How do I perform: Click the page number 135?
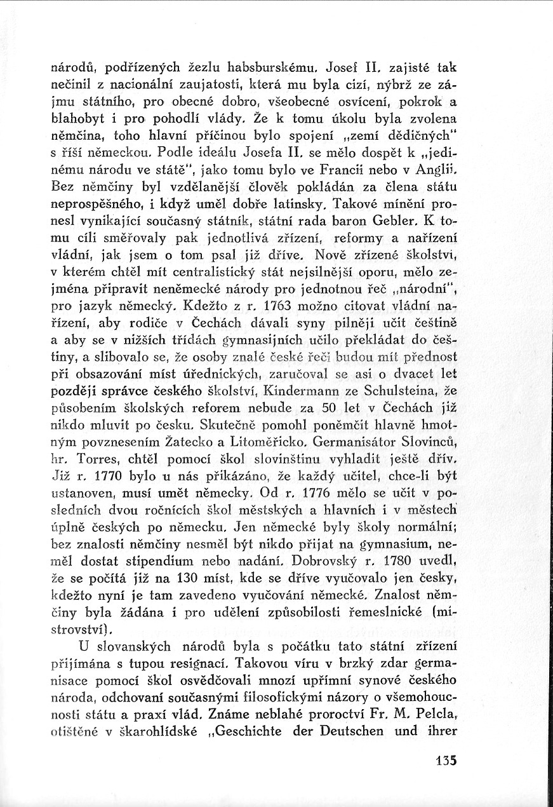point(447,760)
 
